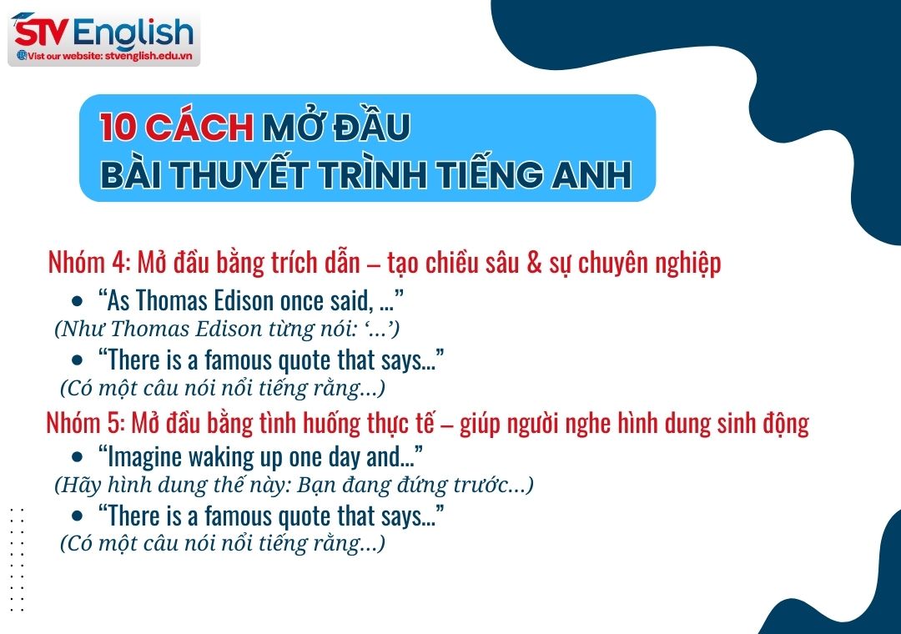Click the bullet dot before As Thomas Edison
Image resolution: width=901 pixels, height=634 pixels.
[78, 300]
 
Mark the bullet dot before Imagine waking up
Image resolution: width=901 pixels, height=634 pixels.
[78, 457]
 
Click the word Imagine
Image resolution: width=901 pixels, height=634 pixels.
[138, 457]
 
